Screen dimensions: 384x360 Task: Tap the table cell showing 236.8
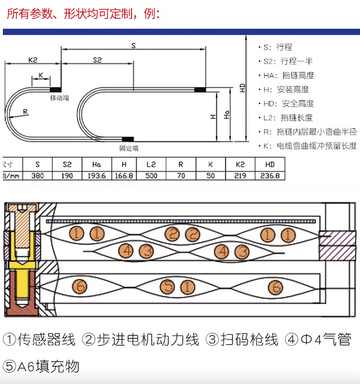click(270, 176)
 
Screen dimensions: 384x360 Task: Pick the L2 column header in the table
click(151, 164)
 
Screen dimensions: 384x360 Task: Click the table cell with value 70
click(181, 176)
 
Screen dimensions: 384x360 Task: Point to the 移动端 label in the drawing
click(60, 97)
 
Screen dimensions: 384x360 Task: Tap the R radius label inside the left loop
click(25, 112)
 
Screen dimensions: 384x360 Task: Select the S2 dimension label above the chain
click(97, 60)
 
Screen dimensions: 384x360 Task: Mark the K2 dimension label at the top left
click(33, 60)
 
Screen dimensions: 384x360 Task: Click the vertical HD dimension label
click(243, 88)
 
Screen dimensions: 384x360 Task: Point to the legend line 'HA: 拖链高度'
click(288, 75)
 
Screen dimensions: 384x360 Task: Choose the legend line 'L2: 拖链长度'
click(288, 118)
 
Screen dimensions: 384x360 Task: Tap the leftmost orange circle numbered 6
click(79, 287)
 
